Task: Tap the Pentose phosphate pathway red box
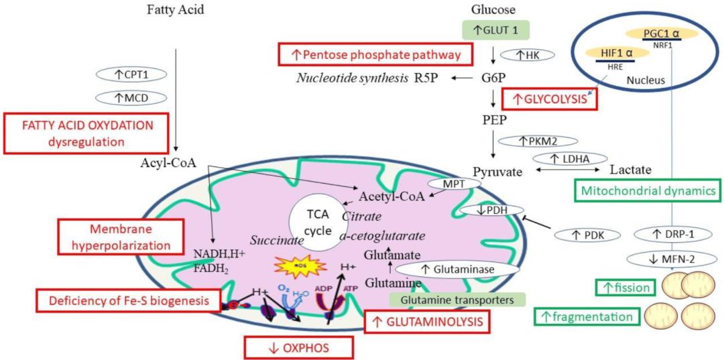[374, 54]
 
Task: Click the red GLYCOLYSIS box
[549, 100]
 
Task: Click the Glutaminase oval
[450, 269]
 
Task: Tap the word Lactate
[629, 171]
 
